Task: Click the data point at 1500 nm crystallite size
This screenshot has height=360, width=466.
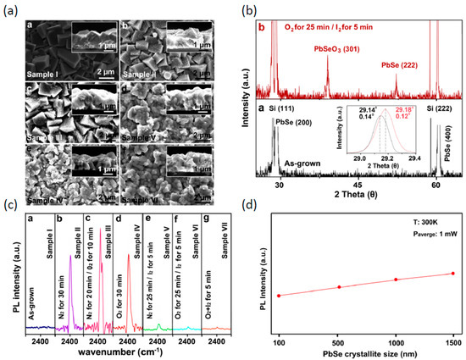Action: (x=453, y=274)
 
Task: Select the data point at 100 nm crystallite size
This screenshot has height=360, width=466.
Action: (x=279, y=296)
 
